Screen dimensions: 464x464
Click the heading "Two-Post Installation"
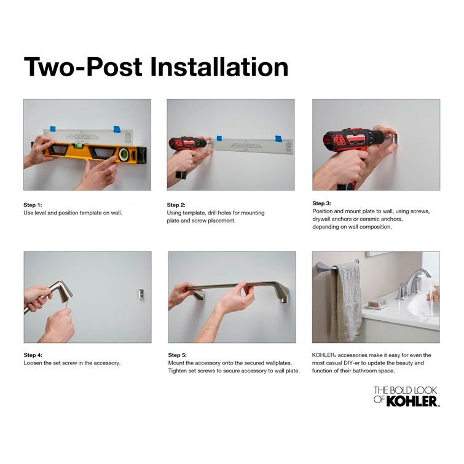coord(155,66)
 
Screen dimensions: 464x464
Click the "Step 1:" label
coord(33,205)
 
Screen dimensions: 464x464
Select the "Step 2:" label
coord(176,205)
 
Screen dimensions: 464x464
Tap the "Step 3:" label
coord(321,203)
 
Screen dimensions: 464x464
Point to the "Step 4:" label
coord(33,355)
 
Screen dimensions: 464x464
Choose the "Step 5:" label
coord(178,355)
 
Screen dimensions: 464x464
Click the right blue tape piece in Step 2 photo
coord(278,138)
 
